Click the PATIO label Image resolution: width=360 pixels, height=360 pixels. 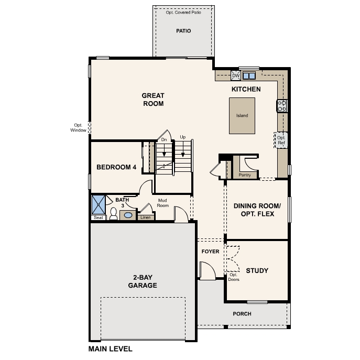tap(183, 31)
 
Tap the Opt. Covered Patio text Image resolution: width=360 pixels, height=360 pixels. tap(183, 13)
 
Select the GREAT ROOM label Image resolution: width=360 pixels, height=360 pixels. tap(153, 100)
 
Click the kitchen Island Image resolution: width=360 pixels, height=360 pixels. tap(242, 116)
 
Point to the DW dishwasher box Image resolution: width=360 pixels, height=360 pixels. tap(235, 75)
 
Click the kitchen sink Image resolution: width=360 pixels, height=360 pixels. tap(249, 75)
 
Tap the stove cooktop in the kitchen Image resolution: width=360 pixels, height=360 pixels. tap(282, 106)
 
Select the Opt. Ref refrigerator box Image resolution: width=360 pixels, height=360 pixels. tap(281, 140)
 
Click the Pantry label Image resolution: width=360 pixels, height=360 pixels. tap(244, 175)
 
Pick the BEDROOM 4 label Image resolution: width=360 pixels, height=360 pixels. tap(116, 167)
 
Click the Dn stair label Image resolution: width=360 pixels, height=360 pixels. tap(164, 140)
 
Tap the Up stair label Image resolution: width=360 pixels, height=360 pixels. tap(183, 137)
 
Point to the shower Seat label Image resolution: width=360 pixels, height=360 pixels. tap(98, 217)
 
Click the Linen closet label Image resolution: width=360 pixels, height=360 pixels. tap(145, 217)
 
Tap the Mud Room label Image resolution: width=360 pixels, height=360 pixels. tap(163, 203)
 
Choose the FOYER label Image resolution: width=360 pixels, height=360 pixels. tap(210, 252)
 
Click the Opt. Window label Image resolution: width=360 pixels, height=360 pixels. tap(78, 128)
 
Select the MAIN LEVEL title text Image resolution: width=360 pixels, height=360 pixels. tap(111, 348)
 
